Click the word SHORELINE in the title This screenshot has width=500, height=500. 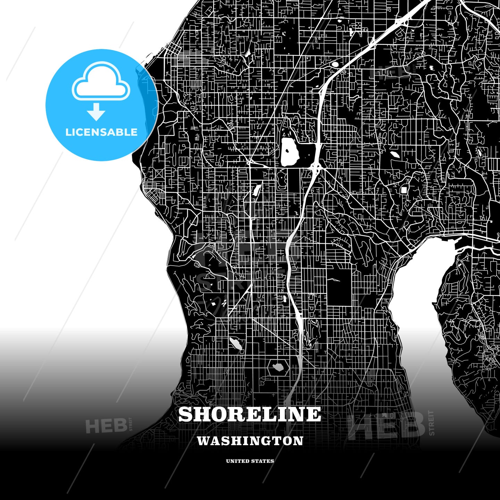pos(250,414)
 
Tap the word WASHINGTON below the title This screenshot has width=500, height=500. pos(250,441)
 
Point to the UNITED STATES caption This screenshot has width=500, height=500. pos(250,461)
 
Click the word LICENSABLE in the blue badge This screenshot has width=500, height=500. pos(101,132)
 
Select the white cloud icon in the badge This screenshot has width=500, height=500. pos(101,82)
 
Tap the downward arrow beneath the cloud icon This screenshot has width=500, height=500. pos(96,112)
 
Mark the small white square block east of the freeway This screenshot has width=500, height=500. pos(404,190)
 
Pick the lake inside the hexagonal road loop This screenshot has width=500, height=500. pos(278,367)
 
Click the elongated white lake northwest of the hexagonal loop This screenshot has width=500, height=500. pos(236,343)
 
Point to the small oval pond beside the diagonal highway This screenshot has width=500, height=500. pos(335,64)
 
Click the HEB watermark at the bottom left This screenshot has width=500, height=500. pos(106,426)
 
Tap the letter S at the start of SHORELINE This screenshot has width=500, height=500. pos(186,414)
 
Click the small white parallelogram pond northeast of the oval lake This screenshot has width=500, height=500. pos(395,155)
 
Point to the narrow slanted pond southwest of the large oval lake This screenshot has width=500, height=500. pos(257,189)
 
